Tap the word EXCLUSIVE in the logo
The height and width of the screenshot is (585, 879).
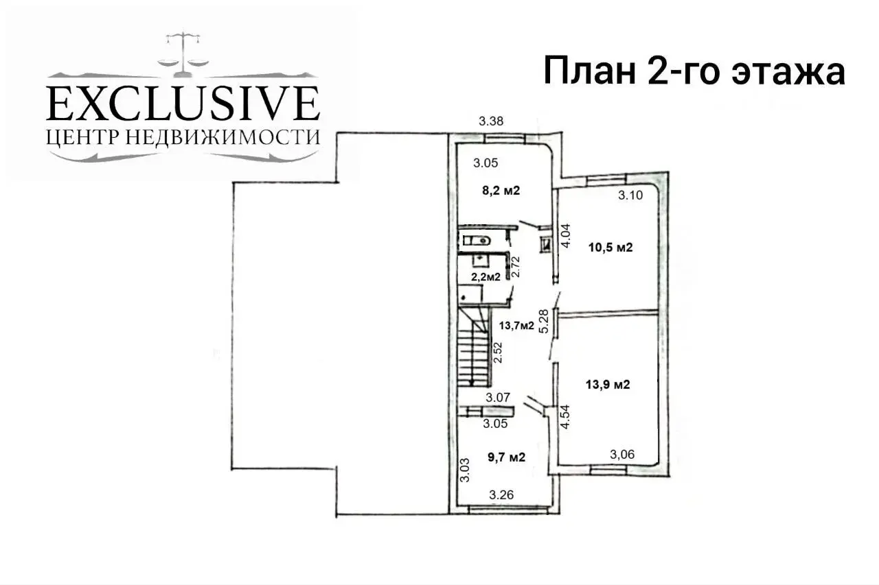point(183,103)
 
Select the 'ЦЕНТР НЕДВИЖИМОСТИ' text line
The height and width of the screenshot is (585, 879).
point(183,136)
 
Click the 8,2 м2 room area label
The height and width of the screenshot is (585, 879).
point(501,191)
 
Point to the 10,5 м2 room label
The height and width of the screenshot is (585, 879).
point(611,248)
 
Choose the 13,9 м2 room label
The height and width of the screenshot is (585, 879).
point(608,385)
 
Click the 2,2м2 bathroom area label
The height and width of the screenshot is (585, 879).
point(486,277)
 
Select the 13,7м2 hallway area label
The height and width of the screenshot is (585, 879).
point(516,326)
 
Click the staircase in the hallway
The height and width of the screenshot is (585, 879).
point(473,350)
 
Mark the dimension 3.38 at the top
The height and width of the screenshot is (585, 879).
point(492,121)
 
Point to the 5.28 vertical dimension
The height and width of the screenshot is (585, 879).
point(544,321)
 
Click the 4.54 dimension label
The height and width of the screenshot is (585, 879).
point(566,417)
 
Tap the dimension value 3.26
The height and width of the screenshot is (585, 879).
point(502,494)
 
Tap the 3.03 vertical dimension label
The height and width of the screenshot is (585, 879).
point(465,470)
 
